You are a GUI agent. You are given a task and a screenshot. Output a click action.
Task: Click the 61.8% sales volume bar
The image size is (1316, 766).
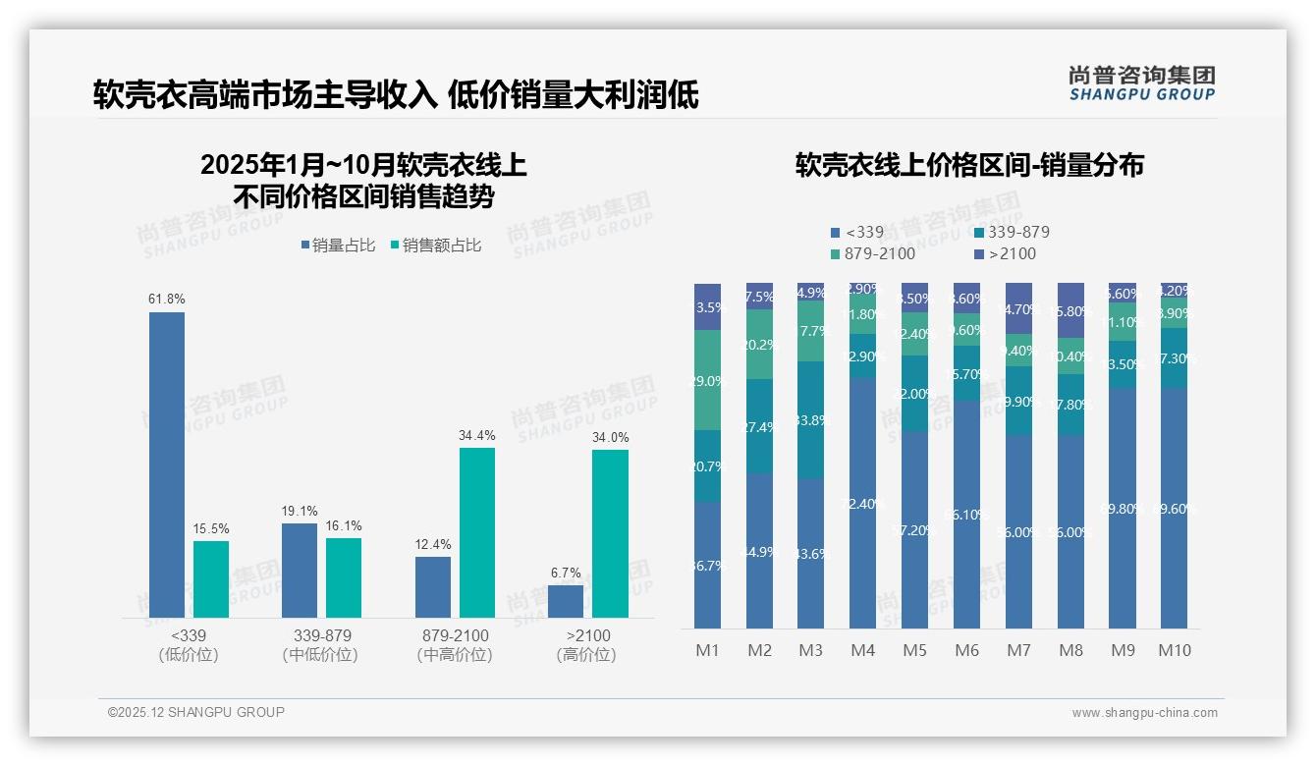tap(166, 465)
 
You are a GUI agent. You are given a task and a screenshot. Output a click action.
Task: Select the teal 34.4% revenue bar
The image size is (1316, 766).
tap(476, 532)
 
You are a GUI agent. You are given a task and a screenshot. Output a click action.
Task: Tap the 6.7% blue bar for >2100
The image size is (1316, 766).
tap(566, 601)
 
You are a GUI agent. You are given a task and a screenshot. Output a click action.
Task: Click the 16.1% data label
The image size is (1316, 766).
tap(344, 526)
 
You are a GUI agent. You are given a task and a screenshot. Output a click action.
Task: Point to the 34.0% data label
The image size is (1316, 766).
tap(610, 438)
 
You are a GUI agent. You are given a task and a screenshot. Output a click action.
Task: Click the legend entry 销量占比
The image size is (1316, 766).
tap(337, 246)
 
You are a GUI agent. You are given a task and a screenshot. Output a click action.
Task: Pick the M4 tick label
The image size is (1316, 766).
tap(862, 650)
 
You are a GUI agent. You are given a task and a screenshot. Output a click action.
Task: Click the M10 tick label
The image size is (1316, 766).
tap(1175, 650)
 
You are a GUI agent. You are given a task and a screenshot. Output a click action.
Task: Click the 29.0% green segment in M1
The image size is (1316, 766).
tap(707, 380)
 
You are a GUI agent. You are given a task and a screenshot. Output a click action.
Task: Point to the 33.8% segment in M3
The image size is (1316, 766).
tap(811, 420)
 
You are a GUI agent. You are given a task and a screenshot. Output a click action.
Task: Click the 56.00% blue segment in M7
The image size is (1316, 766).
tap(1018, 531)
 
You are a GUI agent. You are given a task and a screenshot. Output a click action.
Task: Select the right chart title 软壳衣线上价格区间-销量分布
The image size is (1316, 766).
tap(969, 165)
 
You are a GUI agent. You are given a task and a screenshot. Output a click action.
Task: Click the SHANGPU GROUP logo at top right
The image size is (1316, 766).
tap(1141, 83)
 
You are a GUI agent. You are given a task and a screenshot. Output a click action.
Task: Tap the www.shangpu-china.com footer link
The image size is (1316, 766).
tap(1144, 713)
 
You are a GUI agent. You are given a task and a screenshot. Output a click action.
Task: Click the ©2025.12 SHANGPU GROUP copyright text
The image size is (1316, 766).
tap(196, 712)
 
